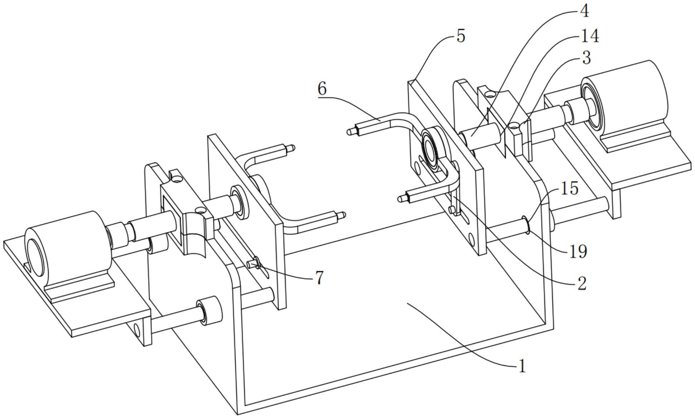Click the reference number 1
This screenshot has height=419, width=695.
pos(522,366)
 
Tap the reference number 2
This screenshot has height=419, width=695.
pos(581,283)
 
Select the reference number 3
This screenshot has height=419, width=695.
pos(586,58)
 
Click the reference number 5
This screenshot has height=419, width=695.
pos(461,37)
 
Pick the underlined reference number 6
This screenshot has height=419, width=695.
pos(322,88)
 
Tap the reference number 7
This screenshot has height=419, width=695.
pos(320,278)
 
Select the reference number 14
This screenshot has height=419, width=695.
pos(589,36)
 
